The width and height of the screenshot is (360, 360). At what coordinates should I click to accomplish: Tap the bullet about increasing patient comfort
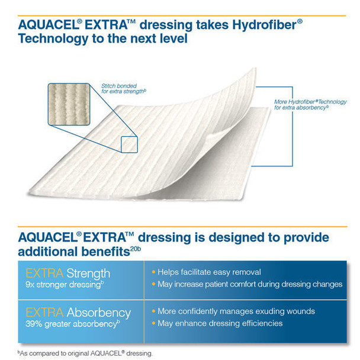[x=249, y=284]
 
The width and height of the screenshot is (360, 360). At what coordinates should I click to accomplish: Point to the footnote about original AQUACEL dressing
[x=85, y=353]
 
